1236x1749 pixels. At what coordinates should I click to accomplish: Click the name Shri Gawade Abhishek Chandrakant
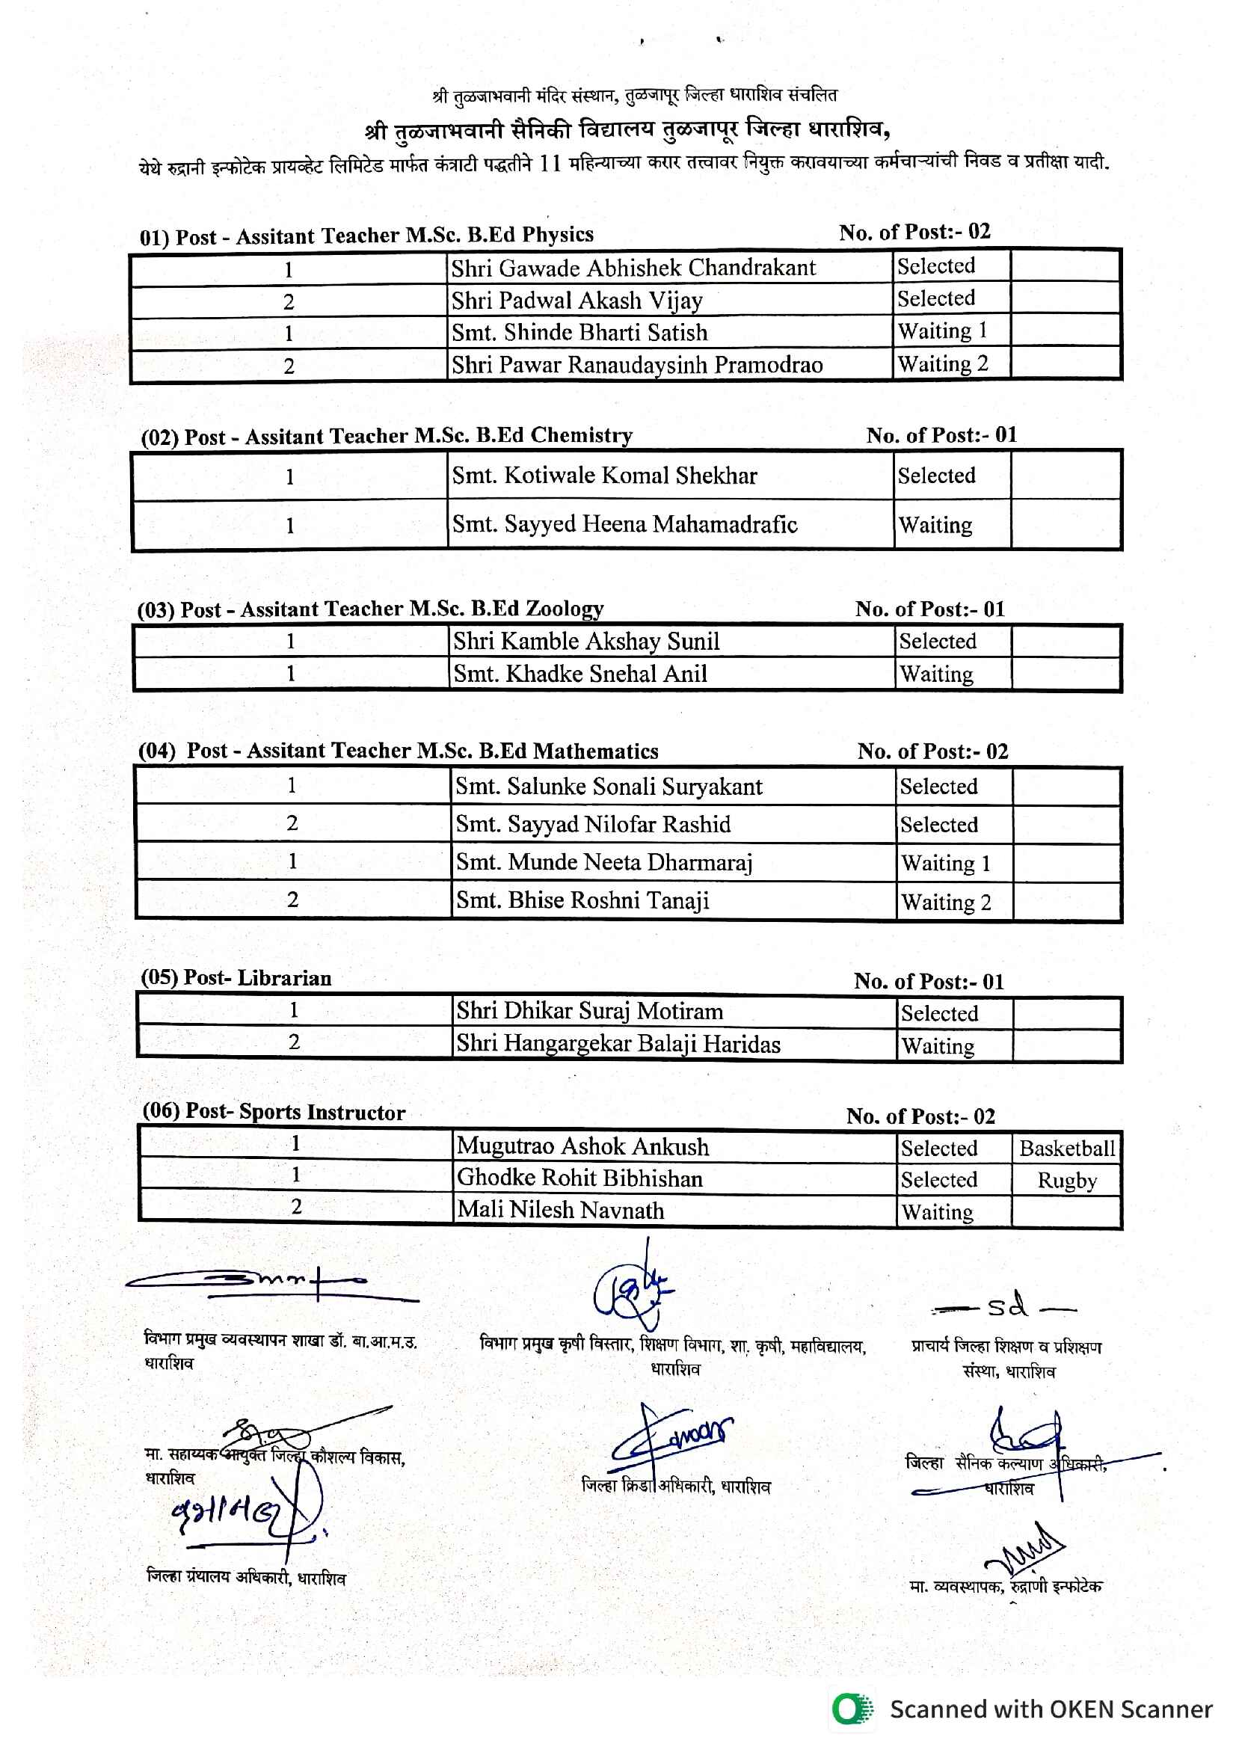pos(633,268)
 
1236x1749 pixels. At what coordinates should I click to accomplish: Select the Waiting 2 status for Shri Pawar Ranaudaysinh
pos(943,364)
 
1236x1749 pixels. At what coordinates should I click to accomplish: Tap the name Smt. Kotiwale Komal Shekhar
pos(604,476)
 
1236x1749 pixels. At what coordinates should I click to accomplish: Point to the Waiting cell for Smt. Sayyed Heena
pos(935,525)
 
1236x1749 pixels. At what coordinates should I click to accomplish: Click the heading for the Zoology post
pos(370,609)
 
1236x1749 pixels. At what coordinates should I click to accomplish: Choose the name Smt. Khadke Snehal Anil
pos(580,674)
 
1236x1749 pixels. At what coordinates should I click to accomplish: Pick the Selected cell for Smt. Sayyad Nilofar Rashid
pos(938,824)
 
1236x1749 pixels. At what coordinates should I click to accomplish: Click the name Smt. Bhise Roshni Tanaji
pos(582,900)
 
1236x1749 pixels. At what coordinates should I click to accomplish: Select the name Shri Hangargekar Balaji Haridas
pos(618,1044)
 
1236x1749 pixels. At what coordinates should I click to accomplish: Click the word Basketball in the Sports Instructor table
pos(1067,1148)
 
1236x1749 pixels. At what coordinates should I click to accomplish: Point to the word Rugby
pos(1067,1181)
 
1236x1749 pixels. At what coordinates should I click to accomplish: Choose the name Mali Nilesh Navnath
pos(560,1211)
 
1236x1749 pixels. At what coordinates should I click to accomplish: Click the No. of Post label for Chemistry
pos(941,435)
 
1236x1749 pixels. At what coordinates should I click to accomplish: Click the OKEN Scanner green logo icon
pos(852,1709)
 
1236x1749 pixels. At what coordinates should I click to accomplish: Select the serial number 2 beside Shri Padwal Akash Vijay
pos(289,302)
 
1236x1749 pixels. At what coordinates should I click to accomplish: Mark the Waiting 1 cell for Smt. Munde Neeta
pos(945,863)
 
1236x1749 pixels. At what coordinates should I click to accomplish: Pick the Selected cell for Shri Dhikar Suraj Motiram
pos(939,1013)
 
